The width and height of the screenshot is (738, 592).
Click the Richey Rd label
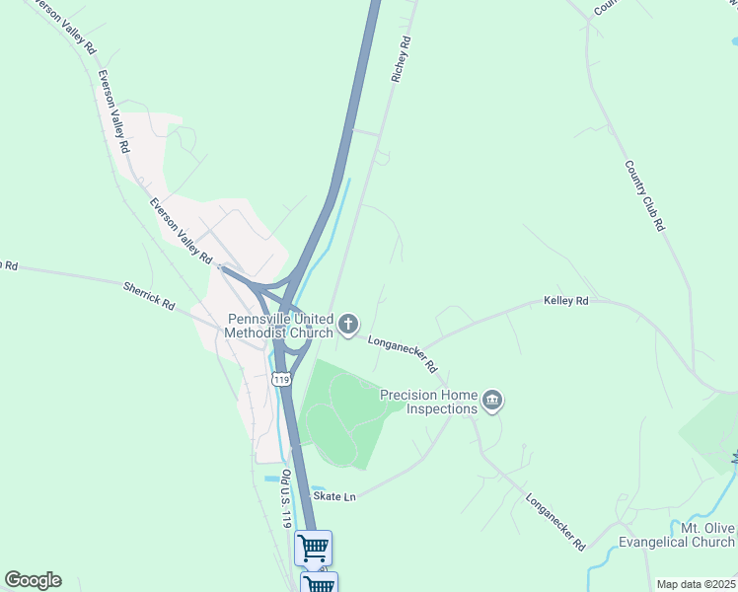(400, 59)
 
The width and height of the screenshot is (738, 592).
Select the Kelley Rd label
(565, 300)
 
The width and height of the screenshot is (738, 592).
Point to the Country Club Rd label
(644, 196)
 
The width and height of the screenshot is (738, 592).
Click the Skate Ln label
(333, 496)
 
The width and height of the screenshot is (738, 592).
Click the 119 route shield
(283, 379)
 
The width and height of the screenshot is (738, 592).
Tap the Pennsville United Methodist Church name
(280, 326)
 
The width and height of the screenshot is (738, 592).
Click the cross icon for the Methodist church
(348, 324)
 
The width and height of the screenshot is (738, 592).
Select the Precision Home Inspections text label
(429, 402)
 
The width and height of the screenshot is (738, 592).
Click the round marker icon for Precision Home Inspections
(493, 401)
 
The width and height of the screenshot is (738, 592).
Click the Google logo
(33, 580)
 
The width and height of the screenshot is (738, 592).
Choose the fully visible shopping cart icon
(313, 548)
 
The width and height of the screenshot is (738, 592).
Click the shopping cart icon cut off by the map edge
(319, 584)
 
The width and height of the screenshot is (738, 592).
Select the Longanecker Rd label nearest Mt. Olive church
(555, 522)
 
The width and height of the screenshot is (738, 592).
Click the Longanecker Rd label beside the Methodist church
(403, 353)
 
